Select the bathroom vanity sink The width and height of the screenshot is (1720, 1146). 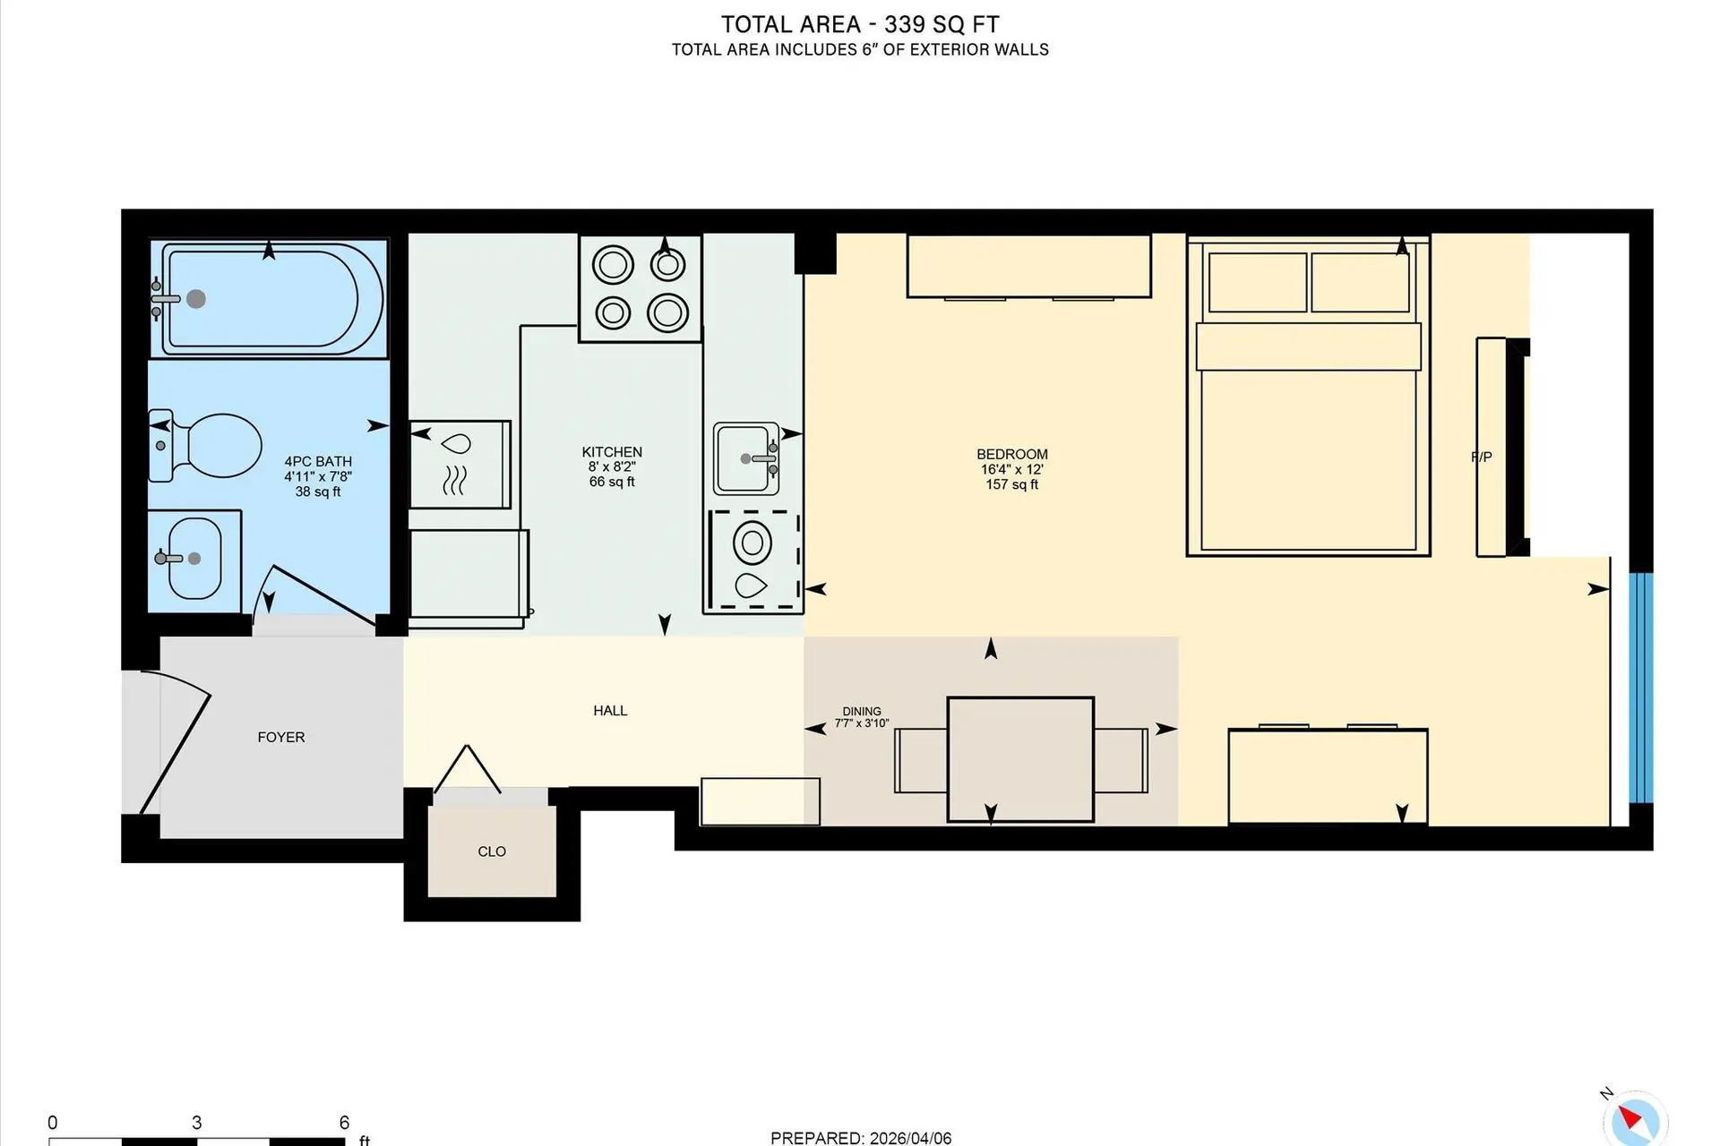(x=194, y=560)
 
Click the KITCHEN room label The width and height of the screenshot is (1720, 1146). (x=612, y=452)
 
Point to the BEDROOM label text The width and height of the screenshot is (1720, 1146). (x=1011, y=454)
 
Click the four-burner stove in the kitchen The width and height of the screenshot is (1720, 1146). (x=640, y=288)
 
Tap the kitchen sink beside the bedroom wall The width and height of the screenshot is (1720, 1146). (x=746, y=458)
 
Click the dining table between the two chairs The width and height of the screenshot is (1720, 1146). (x=1020, y=759)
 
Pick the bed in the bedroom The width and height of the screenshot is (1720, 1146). (x=1307, y=398)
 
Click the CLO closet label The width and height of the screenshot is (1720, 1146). (x=492, y=851)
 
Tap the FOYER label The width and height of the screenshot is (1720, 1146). (x=281, y=737)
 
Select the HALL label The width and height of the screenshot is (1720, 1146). (x=610, y=711)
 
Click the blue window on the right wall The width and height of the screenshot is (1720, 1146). (x=1641, y=688)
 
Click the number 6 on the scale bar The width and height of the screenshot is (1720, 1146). (x=344, y=1123)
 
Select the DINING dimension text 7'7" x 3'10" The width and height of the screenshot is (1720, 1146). (x=862, y=723)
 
